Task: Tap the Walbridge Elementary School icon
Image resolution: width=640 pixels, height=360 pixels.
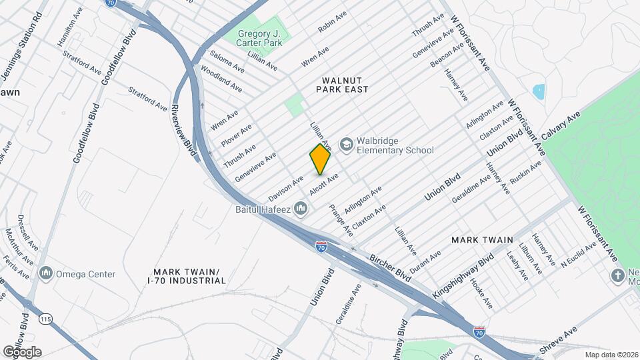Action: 346,145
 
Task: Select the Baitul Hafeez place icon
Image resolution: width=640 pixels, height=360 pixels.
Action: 301,209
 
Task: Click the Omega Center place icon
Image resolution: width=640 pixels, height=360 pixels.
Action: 46,273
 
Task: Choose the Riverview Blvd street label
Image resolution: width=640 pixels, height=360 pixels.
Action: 184,131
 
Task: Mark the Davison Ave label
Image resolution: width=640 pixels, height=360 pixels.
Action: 286,189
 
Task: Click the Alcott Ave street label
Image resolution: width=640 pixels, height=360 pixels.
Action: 324,185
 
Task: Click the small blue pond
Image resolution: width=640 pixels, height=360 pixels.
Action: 538,91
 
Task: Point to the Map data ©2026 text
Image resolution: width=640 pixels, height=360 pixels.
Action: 611,355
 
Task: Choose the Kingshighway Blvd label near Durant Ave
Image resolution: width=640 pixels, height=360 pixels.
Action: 470,267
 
